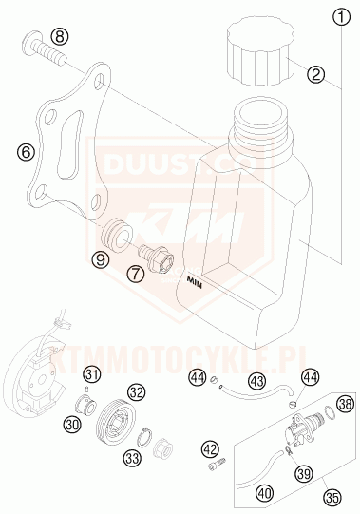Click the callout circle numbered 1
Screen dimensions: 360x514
coord(339,15)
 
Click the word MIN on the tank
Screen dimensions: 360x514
coord(196,281)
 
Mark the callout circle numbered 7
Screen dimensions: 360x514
coord(137,274)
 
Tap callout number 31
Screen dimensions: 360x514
coord(90,371)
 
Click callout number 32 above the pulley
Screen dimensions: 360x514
coord(137,390)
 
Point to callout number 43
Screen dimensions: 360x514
coord(229,380)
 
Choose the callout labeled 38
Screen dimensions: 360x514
coord(345,404)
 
